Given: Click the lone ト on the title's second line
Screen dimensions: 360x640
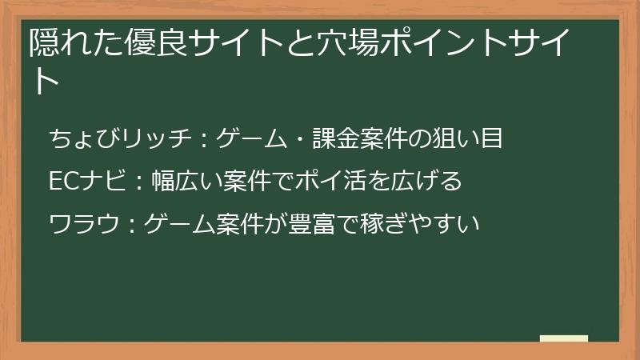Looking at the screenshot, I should coord(45,82).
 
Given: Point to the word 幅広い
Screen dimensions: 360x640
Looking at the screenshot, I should coord(182,182).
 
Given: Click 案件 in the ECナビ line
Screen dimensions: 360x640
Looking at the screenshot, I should coord(247,182).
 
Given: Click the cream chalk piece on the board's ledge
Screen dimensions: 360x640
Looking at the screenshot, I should coord(563,338).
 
